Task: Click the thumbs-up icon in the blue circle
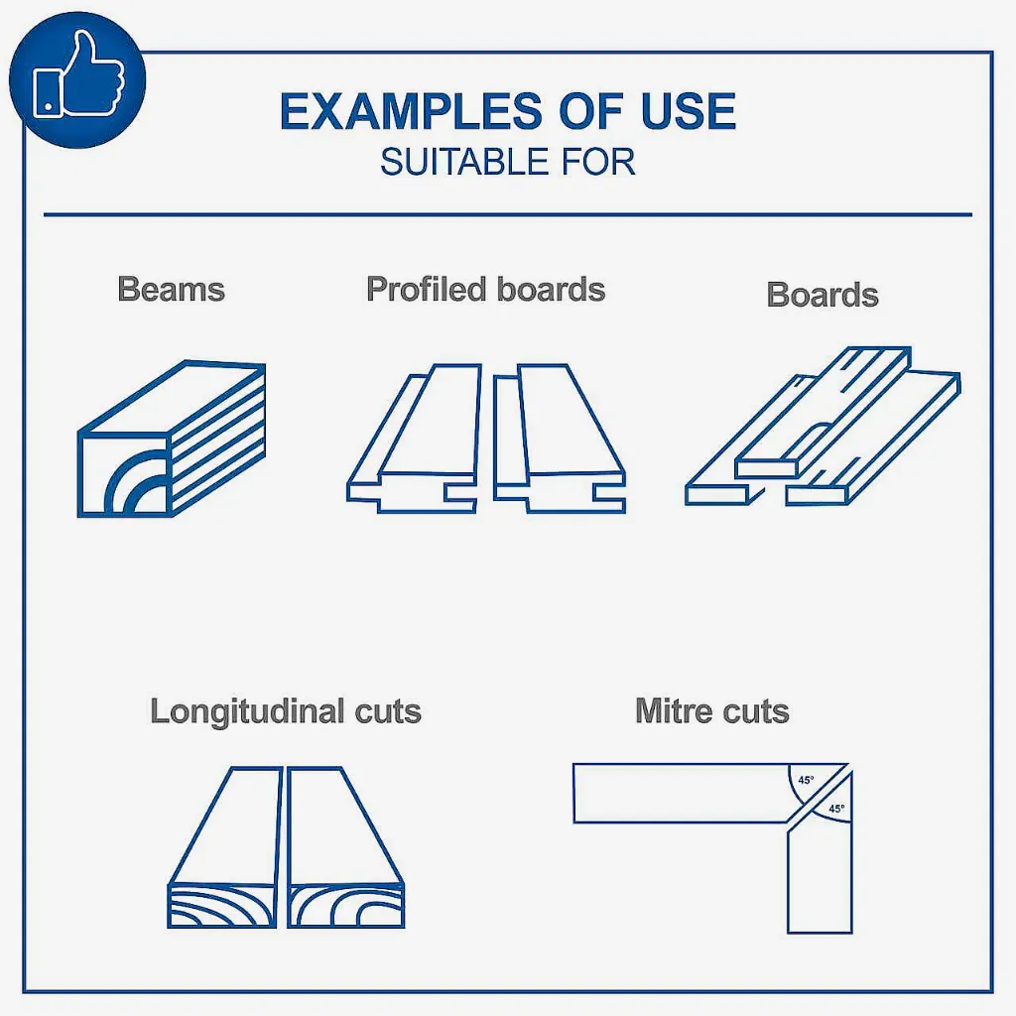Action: coord(77,77)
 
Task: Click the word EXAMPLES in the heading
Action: coord(411,111)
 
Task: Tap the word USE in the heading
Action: coord(689,111)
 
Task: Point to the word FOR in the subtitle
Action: coord(598,162)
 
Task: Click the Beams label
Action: coord(171,289)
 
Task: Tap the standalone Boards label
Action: coord(823,295)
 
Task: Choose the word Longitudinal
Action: coord(247,711)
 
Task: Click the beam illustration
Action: coord(172,439)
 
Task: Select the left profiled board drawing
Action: coord(415,439)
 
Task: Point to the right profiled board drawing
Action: coord(560,439)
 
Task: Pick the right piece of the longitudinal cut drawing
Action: coord(345,847)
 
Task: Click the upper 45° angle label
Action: coord(806,780)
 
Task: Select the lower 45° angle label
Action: coord(836,809)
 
